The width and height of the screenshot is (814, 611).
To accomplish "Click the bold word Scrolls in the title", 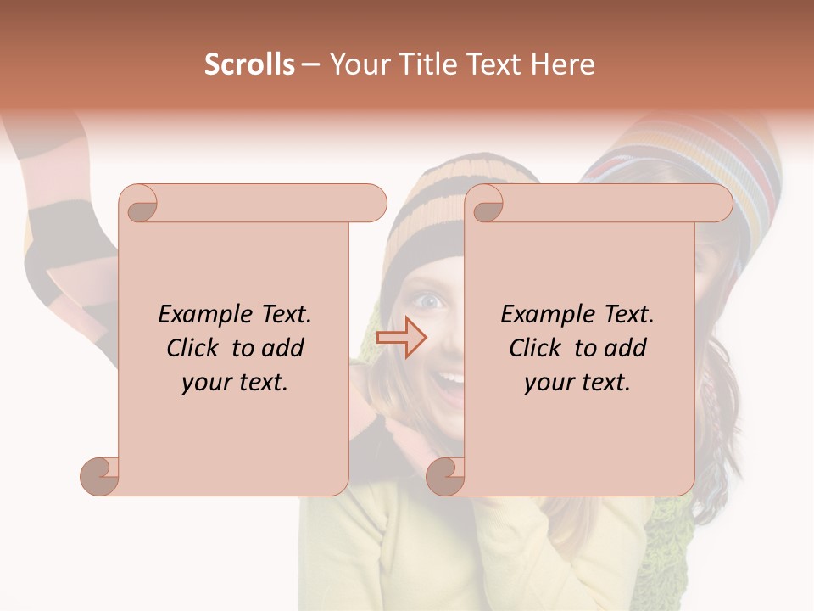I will (x=249, y=64).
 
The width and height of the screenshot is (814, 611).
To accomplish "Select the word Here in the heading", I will (x=562, y=64).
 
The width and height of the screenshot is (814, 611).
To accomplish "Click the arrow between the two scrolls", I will (x=401, y=338).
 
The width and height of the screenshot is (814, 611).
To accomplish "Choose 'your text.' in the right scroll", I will (x=577, y=382).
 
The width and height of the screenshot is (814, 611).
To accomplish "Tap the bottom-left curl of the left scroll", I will (x=100, y=476).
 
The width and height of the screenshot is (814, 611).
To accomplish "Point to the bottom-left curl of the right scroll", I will (x=445, y=476).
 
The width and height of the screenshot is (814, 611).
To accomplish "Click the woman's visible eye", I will (x=431, y=300).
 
